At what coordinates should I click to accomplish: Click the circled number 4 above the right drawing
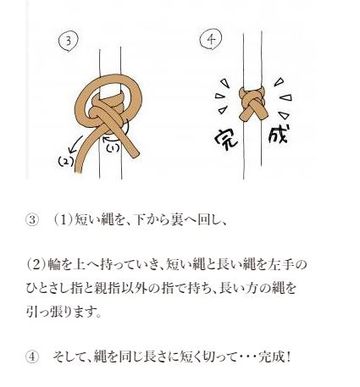209,40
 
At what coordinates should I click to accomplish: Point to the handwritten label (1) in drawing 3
114,146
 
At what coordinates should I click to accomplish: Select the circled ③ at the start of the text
33,221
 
